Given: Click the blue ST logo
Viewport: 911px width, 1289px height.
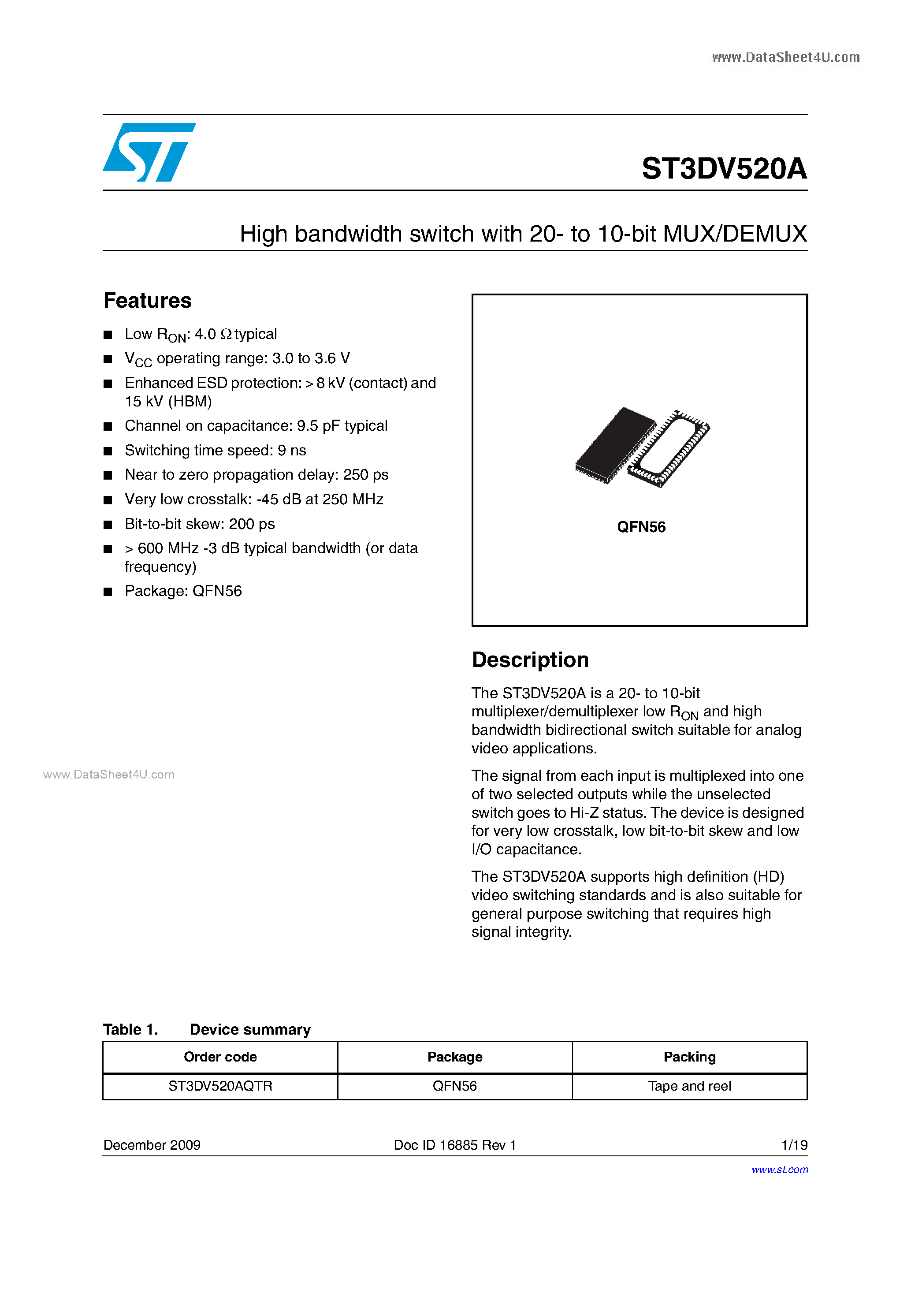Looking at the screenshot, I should point(149,152).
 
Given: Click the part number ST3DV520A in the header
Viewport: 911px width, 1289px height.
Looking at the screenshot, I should point(724,168).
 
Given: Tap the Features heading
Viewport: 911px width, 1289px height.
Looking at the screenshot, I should point(148,301).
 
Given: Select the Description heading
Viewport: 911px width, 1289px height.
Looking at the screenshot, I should point(530,659).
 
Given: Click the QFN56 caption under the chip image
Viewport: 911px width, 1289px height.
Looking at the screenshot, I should point(641,527).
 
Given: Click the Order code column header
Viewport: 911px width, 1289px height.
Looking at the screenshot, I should point(220,1057).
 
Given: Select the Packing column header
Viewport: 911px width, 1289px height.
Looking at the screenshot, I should point(689,1057).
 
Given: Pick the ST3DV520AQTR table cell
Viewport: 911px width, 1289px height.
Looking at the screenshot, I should point(220,1086).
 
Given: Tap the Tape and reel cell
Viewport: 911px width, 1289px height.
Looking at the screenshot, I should point(689,1086).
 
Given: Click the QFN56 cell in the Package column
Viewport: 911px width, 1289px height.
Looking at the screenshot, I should point(455,1086).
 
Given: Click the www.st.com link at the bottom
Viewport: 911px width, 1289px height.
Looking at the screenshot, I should point(780,1170).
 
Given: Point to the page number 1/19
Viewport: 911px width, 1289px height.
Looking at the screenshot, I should point(794,1145).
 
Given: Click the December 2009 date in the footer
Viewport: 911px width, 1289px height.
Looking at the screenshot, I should point(152,1145).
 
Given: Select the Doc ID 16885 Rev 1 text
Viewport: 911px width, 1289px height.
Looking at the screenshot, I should point(455,1145).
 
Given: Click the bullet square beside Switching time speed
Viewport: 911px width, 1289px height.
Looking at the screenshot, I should point(108,451).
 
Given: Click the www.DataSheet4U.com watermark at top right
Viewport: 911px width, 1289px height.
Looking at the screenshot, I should point(785,57).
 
